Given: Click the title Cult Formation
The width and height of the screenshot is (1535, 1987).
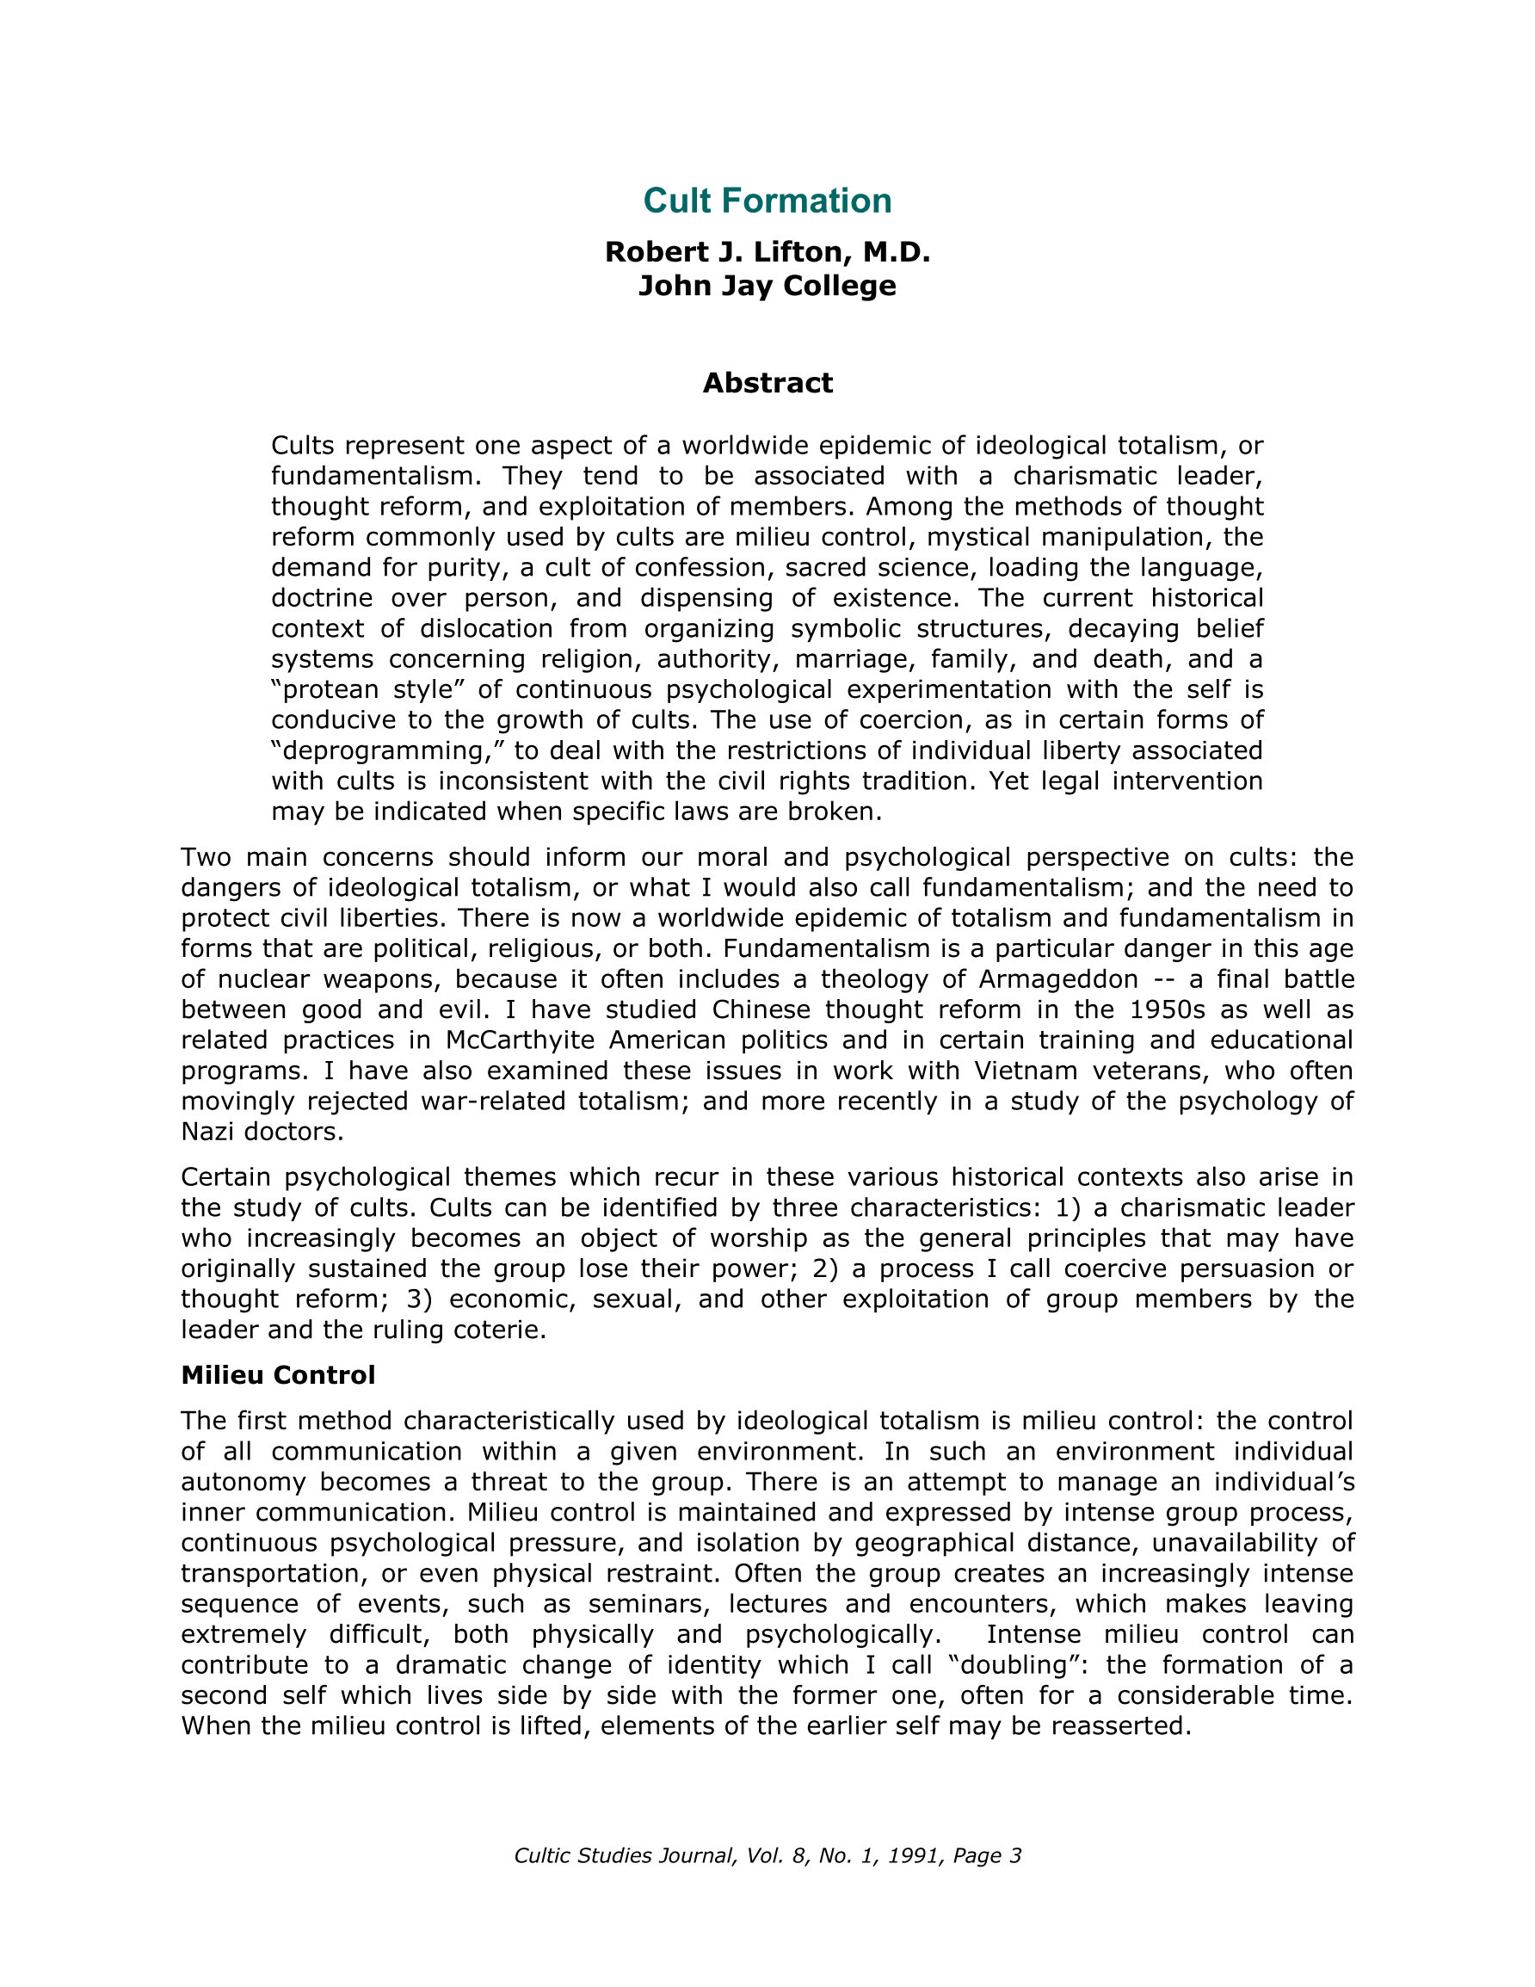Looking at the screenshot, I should pos(767,201).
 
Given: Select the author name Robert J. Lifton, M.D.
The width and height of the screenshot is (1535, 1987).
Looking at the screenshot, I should pos(767,252).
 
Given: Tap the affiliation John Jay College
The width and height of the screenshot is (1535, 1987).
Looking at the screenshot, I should pos(767,286).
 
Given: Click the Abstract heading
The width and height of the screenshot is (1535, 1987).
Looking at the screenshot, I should pos(767,383).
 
